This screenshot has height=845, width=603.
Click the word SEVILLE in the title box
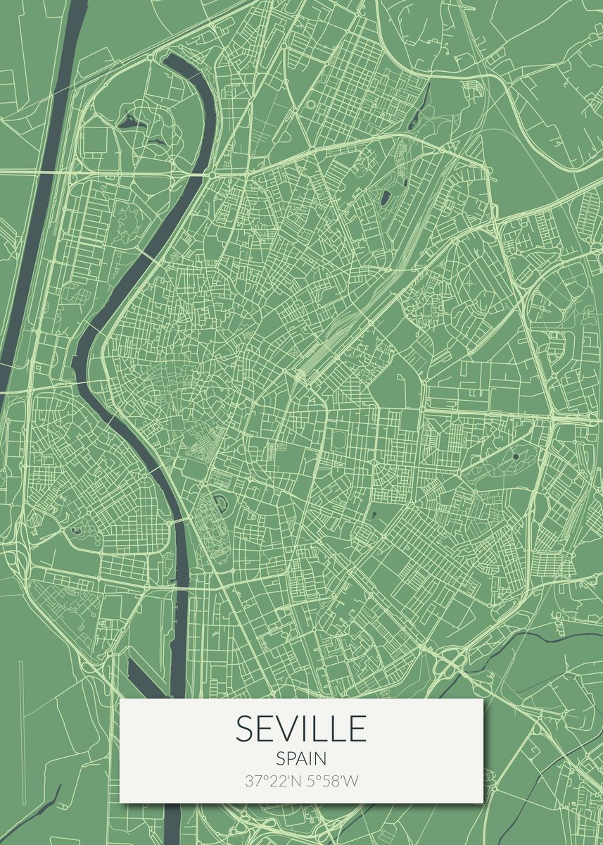coord(301,729)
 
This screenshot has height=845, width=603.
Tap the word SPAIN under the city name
coord(301,759)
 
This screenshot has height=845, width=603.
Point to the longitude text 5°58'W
coord(331,781)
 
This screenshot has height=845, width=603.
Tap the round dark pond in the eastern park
coord(516,456)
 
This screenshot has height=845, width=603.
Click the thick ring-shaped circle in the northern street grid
coord(311,104)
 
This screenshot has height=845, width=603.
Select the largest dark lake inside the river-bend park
coord(129,121)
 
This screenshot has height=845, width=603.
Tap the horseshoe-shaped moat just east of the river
coord(221,503)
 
